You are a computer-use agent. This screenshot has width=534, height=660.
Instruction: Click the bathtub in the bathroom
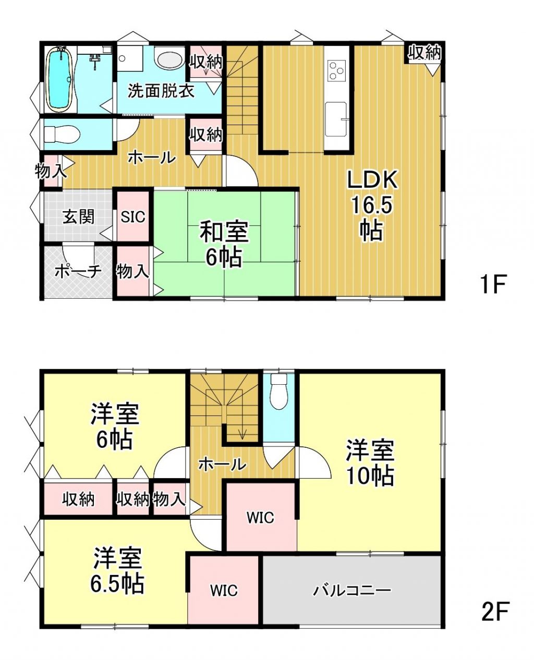[59, 79]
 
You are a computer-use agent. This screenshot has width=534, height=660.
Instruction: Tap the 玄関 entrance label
[78, 216]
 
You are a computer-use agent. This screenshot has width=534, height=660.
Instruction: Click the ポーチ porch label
[78, 272]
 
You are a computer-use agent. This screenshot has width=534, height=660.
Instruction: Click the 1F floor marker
[493, 283]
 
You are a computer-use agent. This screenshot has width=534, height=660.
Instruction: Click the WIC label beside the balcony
[224, 590]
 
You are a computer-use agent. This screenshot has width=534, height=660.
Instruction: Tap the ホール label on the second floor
[222, 464]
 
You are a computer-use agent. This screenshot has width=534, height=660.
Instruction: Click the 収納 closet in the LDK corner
[424, 53]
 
